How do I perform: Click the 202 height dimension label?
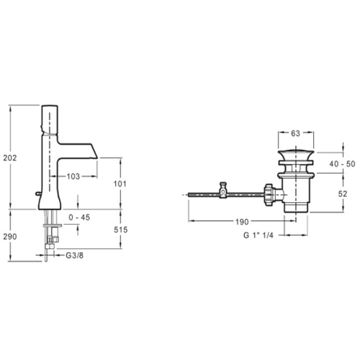pyautogui.click(x=10, y=158)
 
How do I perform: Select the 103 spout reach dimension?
pyautogui.click(x=73, y=176)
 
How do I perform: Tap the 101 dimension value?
pyautogui.click(x=120, y=184)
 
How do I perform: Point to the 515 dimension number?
pyautogui.click(x=121, y=229)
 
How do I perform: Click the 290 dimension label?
pyautogui.click(x=10, y=237)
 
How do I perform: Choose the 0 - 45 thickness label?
pyautogui.click(x=80, y=217)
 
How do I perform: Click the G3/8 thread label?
pyautogui.click(x=75, y=255)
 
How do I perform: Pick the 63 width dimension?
pyautogui.click(x=296, y=133)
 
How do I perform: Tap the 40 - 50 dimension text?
pyautogui.click(x=342, y=164)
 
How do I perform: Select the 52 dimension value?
pyautogui.click(x=342, y=194)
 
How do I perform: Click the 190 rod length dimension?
pyautogui.click(x=242, y=222)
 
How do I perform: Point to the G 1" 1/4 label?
pyautogui.click(x=258, y=235)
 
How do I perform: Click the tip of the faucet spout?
pyautogui.click(x=97, y=158)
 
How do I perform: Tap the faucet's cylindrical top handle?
pyautogui.click(x=49, y=119)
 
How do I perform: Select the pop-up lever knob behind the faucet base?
pyautogui.click(x=38, y=194)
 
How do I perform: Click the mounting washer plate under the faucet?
pyautogui.click(x=52, y=225)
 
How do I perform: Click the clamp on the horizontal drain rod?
pyautogui.click(x=223, y=190)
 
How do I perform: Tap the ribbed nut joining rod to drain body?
pyautogui.click(x=269, y=195)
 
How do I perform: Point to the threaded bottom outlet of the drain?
pyautogui.click(x=296, y=207)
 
